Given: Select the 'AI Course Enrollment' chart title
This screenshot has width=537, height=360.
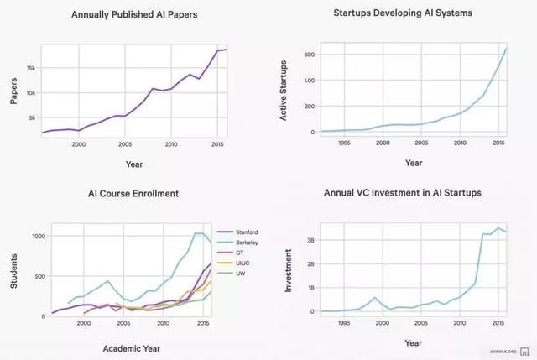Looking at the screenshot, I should pyautogui.click(x=133, y=194).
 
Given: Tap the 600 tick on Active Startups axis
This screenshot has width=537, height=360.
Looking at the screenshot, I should pyautogui.click(x=308, y=55).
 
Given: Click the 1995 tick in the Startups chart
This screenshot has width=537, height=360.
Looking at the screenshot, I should pyautogui.click(x=343, y=143).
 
